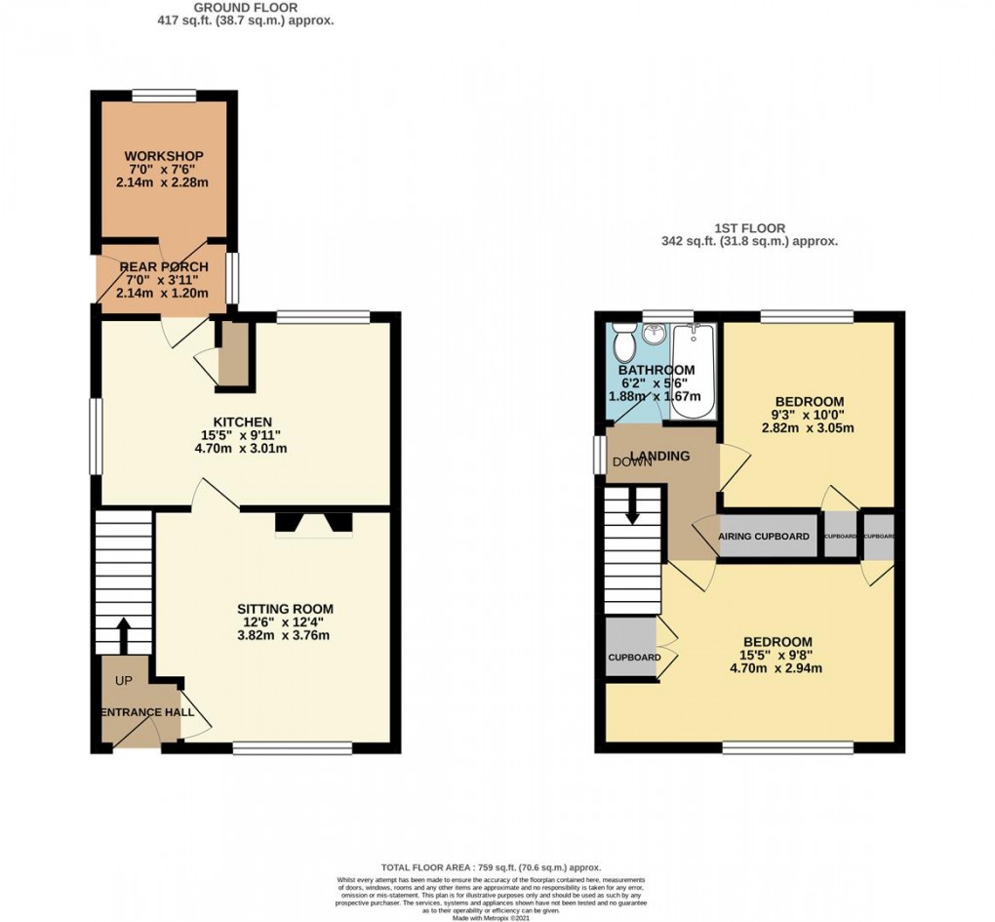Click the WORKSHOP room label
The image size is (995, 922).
click(164, 156)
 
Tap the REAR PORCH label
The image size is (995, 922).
click(164, 267)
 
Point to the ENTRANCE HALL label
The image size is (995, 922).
click(143, 712)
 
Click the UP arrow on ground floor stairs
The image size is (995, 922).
click(124, 634)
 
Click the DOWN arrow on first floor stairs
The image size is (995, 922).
click(633, 506)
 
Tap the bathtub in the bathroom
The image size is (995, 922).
click(695, 371)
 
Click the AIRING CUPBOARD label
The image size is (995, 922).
click(764, 538)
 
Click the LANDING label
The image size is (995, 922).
click(659, 456)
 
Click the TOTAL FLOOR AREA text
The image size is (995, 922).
click(490, 867)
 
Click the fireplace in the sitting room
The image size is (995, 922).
click(313, 524)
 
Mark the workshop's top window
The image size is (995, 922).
click(163, 95)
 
